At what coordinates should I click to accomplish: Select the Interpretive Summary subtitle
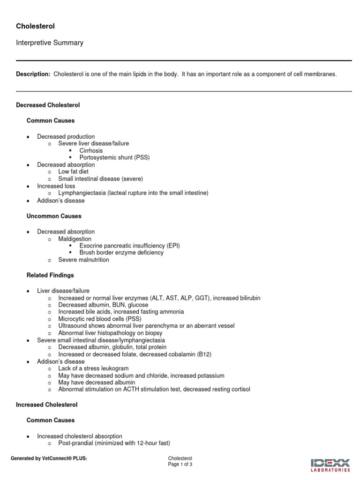50,43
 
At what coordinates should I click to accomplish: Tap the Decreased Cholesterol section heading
48,105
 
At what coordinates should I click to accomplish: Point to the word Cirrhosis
91,151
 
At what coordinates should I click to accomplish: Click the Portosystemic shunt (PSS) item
114,157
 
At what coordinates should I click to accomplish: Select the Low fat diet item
73,172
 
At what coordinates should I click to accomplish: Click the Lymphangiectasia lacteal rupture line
133,193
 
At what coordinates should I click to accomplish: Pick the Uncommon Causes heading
54,216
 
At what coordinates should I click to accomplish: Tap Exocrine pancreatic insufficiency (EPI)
129,246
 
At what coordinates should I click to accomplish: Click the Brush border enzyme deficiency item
121,253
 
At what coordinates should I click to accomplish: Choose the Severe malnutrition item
83,260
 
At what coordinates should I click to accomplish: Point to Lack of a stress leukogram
93,368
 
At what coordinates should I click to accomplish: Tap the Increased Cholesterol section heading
47,405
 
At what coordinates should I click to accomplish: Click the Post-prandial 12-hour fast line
114,443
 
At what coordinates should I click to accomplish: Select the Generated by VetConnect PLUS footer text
49,458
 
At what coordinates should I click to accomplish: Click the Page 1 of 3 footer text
180,465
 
